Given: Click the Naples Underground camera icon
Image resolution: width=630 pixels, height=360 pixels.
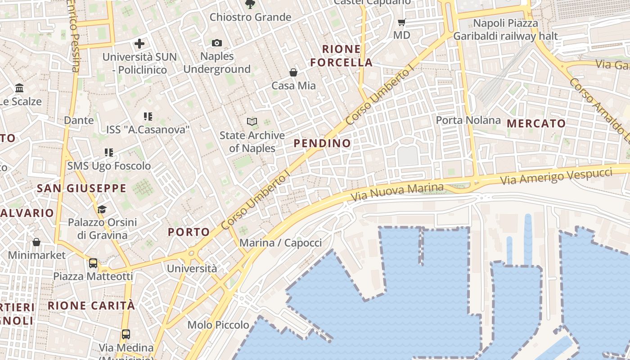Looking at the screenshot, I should coord(217,43).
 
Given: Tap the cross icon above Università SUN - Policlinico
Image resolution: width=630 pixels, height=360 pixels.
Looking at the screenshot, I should coord(139,44).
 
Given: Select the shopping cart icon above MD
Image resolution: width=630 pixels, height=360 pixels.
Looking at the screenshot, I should coord(402,22).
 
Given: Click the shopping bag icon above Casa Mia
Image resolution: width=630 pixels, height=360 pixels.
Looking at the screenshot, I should coord(293,72).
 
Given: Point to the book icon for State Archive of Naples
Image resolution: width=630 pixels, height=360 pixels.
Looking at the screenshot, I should coord(252,121).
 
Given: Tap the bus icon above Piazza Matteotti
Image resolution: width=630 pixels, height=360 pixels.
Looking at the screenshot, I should coord(93,263).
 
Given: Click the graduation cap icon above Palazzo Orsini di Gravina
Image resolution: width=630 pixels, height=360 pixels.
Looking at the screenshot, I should coord(102,209).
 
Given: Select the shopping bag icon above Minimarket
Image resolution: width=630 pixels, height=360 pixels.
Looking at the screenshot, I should coord(36,242).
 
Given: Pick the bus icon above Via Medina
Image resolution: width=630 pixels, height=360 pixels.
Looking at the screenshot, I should coord(126,334).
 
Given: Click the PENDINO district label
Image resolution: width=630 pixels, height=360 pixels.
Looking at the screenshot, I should coord(322,144).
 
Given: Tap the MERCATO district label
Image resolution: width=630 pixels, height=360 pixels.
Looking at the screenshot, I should coord(536,123).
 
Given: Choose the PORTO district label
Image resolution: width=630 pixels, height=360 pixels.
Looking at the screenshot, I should coord(189,232).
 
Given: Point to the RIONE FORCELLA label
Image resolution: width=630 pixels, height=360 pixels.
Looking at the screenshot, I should coord(341,56).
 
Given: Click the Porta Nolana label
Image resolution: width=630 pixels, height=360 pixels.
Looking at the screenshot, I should coord(468,120).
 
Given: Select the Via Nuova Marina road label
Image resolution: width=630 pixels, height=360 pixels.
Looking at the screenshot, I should coord(397,192).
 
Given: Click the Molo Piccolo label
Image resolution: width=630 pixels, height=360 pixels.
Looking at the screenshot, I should coord(218,325).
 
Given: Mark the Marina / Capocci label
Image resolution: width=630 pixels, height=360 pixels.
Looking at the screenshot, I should coord(280,243).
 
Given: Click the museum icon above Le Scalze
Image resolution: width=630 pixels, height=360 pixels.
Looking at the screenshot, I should coord(19,88).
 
